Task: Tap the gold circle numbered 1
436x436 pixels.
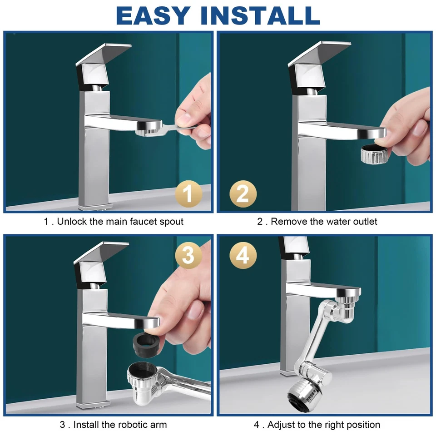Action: point(188,194)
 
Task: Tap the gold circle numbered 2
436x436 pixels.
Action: point(243,194)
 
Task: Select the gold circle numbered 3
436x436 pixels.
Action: point(188,256)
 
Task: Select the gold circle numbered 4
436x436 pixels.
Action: point(243,256)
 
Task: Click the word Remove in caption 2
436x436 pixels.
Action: point(289,222)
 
